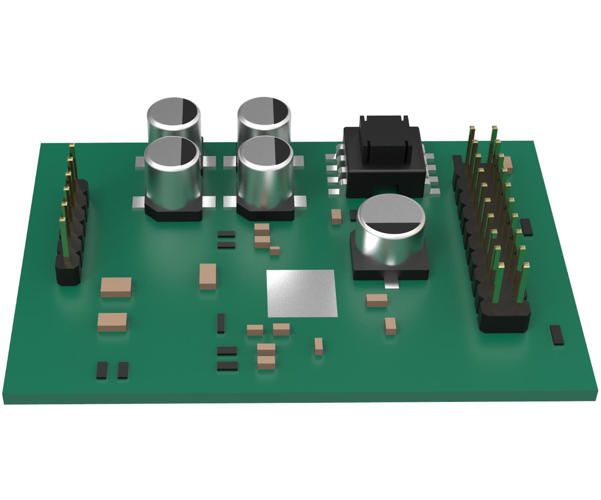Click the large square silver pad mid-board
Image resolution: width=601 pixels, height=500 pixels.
pos(302,293)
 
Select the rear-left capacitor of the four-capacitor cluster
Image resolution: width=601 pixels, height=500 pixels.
pos(173,116)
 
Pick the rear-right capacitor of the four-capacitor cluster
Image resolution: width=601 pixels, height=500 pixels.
pos(264,116)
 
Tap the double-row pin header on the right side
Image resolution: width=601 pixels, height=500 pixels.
pos(493,237)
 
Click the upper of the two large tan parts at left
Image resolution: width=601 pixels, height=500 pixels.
pos(116,287)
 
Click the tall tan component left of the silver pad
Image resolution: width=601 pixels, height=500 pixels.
pos(208,276)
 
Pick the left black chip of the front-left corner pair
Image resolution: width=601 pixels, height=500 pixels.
pos(101,370)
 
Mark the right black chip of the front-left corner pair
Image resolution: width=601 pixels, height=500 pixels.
pos(123,370)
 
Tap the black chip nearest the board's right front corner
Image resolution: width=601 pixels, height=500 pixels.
pos(556,335)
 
